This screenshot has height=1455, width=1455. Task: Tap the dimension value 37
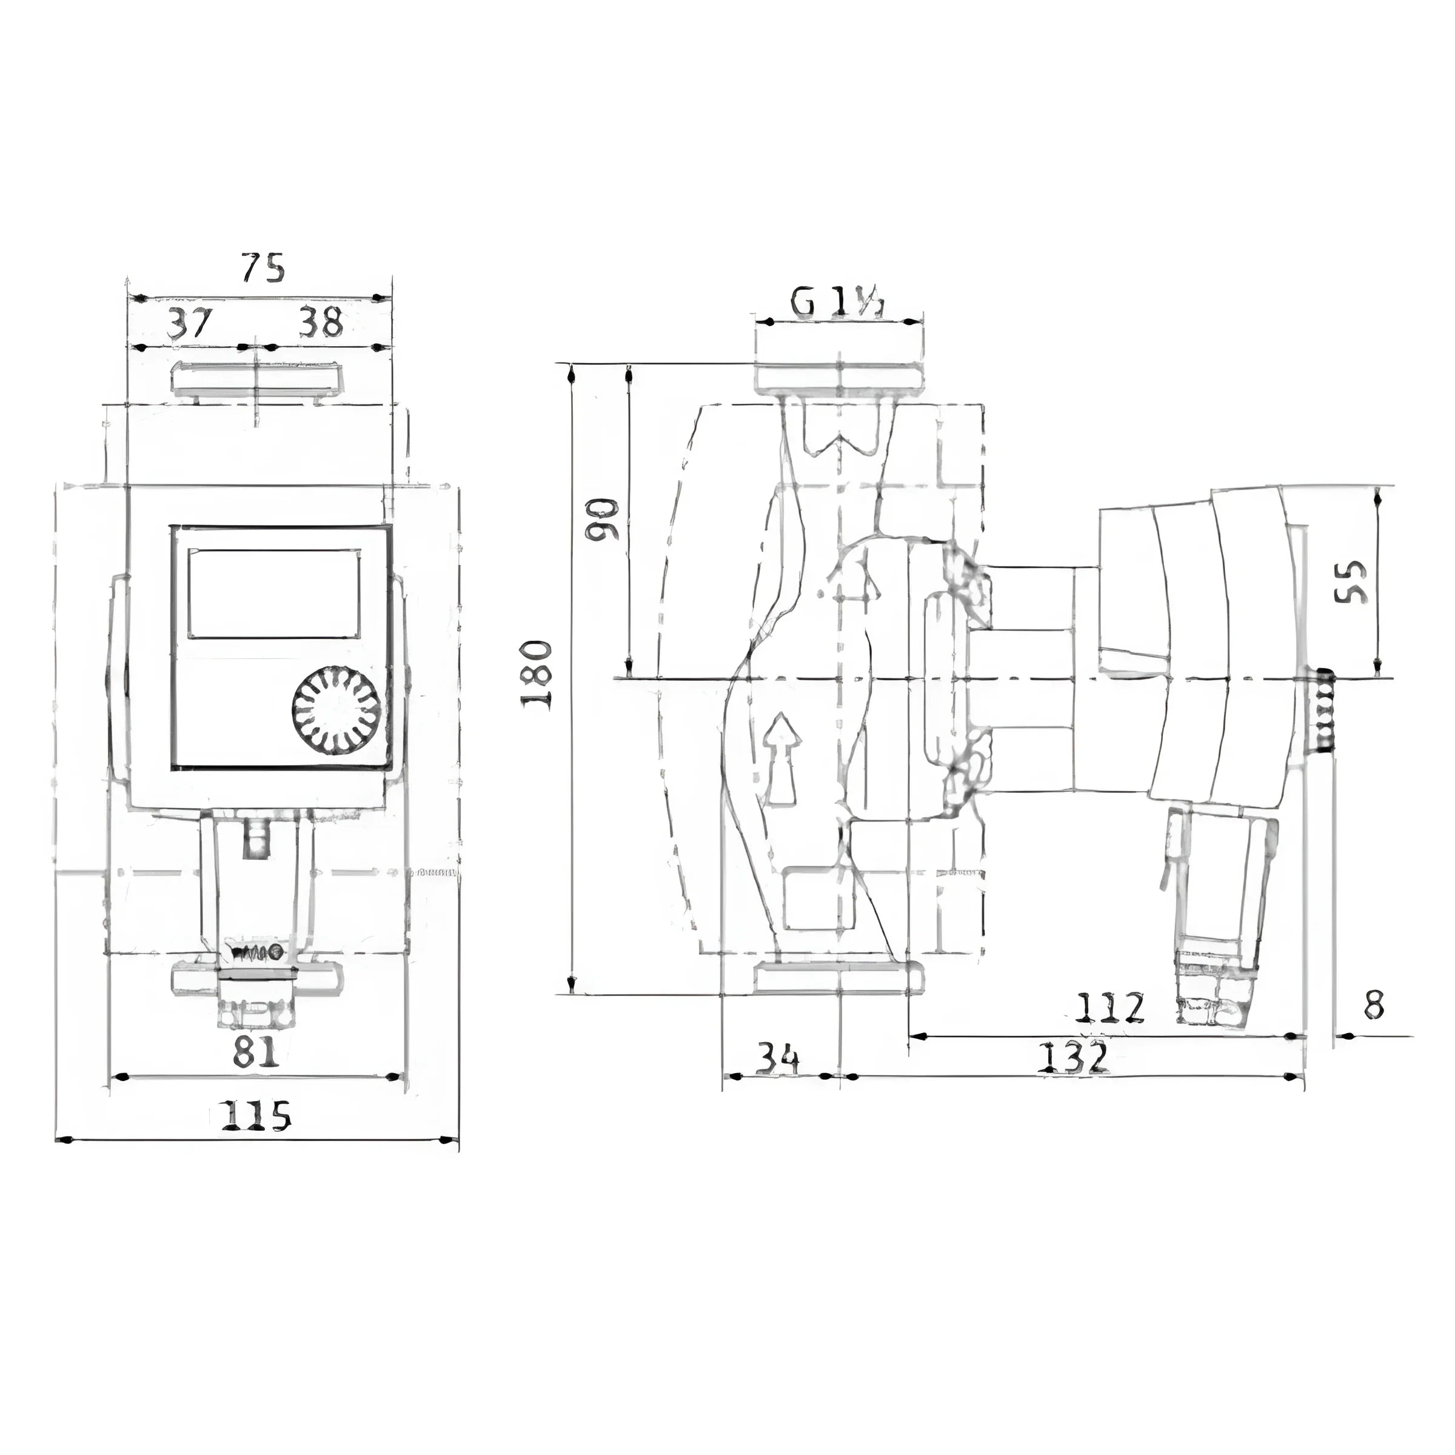pyautogui.click(x=190, y=323)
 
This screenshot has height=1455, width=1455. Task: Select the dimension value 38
pyautogui.click(x=321, y=323)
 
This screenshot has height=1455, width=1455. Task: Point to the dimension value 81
pyautogui.click(x=255, y=1053)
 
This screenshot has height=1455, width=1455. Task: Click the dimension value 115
pyautogui.click(x=255, y=1115)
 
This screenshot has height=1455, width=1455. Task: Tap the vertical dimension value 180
pyautogui.click(x=538, y=675)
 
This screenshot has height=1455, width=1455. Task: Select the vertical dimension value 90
pyautogui.click(x=603, y=519)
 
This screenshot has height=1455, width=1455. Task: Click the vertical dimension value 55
pyautogui.click(x=1350, y=581)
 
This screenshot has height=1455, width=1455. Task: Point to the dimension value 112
pyautogui.click(x=1109, y=1008)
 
